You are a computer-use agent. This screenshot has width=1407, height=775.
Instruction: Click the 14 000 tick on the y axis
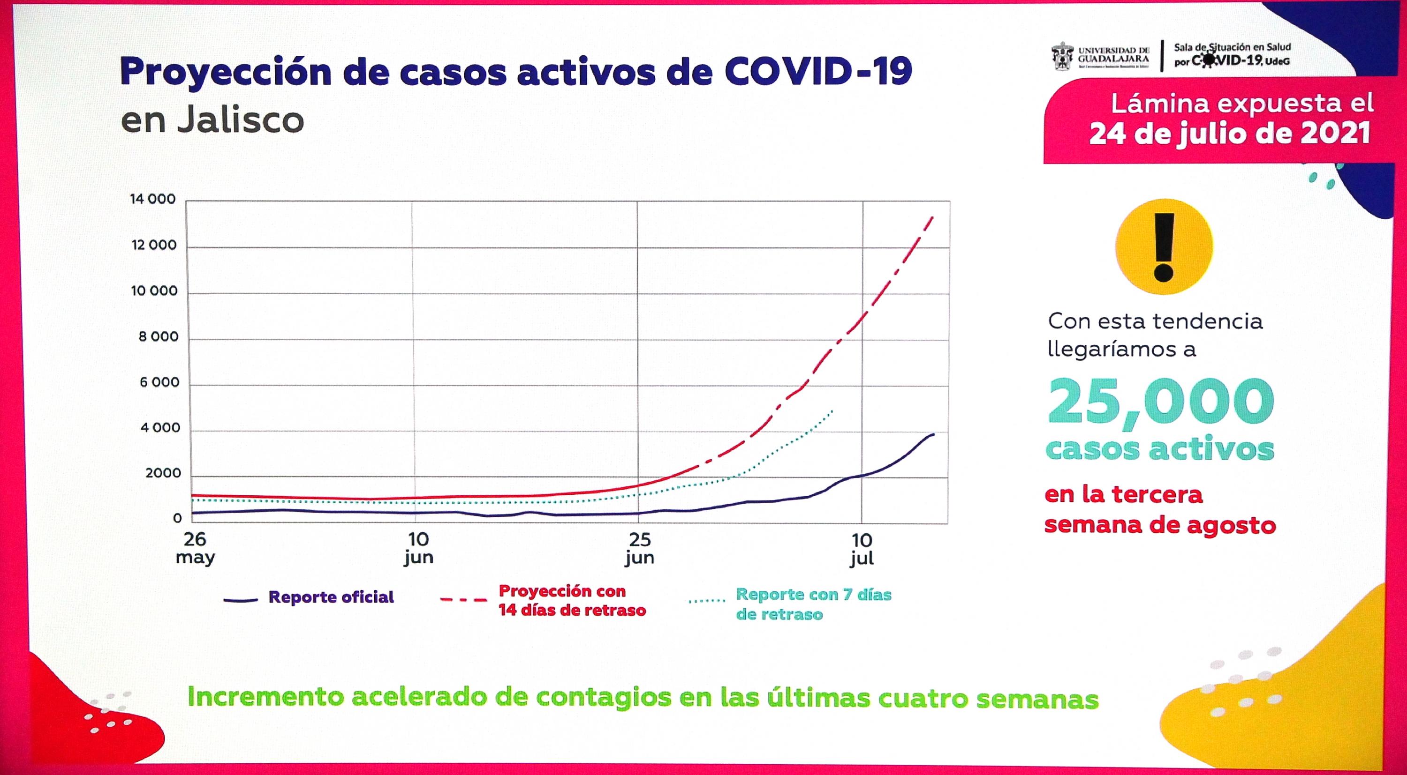[153, 199]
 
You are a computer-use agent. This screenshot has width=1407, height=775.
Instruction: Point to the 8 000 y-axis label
[159, 337]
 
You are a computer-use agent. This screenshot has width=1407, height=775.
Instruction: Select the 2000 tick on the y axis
[163, 473]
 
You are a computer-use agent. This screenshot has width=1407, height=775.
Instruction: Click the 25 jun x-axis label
[640, 549]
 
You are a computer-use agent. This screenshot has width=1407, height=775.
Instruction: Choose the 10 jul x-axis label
[862, 549]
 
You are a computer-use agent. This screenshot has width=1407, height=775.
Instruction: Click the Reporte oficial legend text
[331, 597]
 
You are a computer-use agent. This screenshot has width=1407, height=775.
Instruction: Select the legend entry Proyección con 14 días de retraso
[572, 600]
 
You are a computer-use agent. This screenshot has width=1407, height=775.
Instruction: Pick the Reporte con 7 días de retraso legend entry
[813, 604]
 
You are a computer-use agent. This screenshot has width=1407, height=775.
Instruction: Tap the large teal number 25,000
[1161, 402]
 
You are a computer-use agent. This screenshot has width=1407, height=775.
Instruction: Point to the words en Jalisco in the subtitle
[212, 120]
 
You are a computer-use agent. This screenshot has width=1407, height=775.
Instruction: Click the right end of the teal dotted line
[832, 410]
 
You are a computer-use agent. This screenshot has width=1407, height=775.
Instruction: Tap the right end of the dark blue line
[933, 434]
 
